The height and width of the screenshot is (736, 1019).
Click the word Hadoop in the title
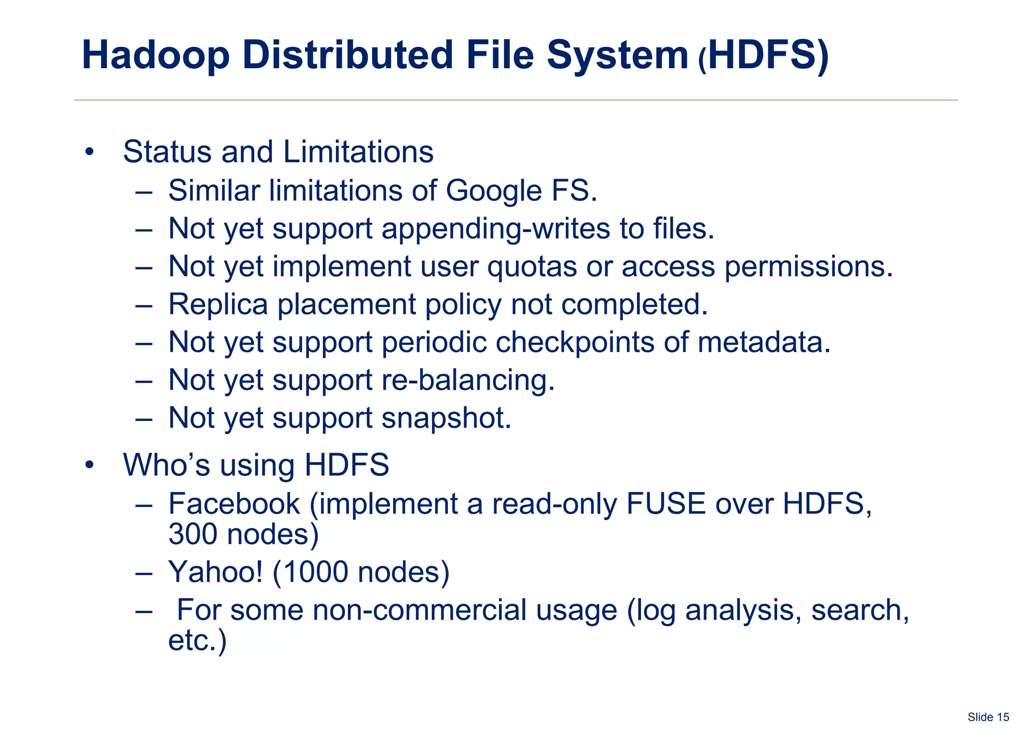(156, 55)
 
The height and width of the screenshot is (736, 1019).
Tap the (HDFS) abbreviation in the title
(764, 55)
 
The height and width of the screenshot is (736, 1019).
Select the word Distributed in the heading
(348, 55)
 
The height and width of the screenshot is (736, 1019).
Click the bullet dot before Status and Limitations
(89, 152)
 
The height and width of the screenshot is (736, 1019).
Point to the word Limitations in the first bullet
(359, 152)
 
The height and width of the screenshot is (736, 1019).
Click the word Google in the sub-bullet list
(493, 191)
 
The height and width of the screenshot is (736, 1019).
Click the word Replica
(218, 304)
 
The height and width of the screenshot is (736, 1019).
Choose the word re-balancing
(468, 380)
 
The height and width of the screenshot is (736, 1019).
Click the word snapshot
(446, 418)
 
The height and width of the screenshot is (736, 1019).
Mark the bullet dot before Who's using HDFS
(89, 465)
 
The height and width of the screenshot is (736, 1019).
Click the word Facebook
(234, 504)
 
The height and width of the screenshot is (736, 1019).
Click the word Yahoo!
(215, 572)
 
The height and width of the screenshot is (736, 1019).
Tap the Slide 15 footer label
(988, 717)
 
